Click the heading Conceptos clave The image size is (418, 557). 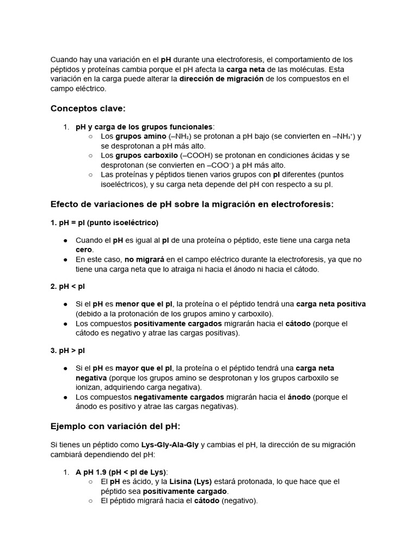(88, 109)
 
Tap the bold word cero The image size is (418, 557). (84, 250)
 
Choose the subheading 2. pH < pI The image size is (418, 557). (68, 286)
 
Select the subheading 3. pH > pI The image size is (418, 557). (68, 350)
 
